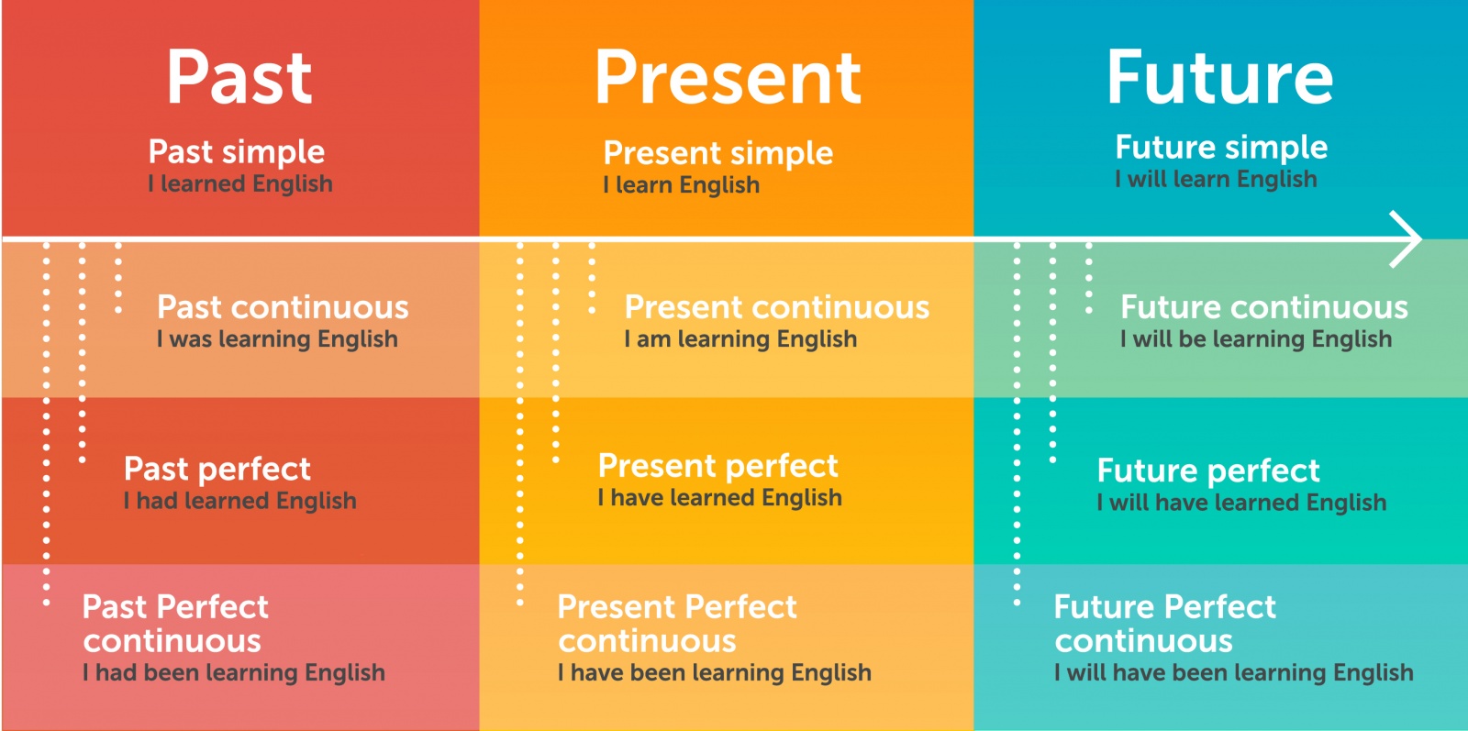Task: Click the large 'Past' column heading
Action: coord(239,77)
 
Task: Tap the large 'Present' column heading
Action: coord(728,78)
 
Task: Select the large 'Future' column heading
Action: coord(1220,77)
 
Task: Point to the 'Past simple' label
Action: coord(237,152)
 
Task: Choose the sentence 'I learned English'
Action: coord(240,183)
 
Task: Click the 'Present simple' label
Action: coord(718,153)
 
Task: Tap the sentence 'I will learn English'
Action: coord(1217,179)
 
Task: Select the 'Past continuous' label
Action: coord(283,306)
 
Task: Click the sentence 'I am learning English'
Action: coord(740,339)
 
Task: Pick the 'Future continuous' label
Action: coord(1264,306)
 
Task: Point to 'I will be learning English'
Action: coord(1256,339)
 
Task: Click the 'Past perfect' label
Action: coord(217,469)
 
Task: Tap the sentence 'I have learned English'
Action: coord(719,498)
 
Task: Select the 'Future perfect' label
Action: coord(1208,471)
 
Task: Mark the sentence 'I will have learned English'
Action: coord(1242,503)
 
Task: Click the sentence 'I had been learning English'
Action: coord(234,672)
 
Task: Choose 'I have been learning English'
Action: coord(715,672)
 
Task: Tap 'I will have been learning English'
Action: coord(1234,672)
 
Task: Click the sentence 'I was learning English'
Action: coord(277,339)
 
